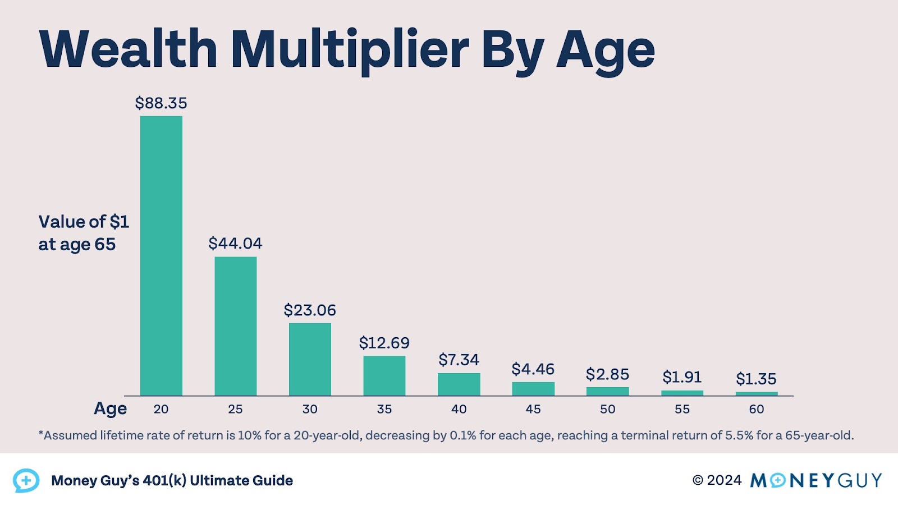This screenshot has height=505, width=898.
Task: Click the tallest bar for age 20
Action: tap(161, 255)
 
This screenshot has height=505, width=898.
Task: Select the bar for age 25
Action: tap(235, 326)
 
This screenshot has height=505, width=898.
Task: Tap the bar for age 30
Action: tap(310, 359)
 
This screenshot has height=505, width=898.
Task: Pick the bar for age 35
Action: tap(384, 375)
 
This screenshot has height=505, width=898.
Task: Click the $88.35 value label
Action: tap(161, 103)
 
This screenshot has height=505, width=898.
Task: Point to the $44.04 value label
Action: tap(235, 244)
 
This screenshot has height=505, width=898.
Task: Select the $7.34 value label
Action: tap(459, 360)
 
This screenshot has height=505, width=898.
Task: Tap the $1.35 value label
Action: tap(756, 379)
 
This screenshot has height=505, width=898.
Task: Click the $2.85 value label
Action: tap(607, 374)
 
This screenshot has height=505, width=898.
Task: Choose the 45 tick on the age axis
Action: tap(533, 409)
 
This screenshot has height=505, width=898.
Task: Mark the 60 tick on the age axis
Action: tap(756, 409)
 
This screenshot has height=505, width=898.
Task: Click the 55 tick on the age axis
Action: tap(682, 409)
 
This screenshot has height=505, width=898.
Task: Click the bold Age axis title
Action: tap(110, 408)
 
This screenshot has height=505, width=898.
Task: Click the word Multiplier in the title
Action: tap(349, 49)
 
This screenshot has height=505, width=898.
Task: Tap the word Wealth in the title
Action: tap(128, 49)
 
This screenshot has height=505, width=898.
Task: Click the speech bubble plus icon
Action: tap(26, 480)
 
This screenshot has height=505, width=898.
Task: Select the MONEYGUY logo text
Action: tap(816, 480)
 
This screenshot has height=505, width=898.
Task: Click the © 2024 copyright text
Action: tap(717, 480)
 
